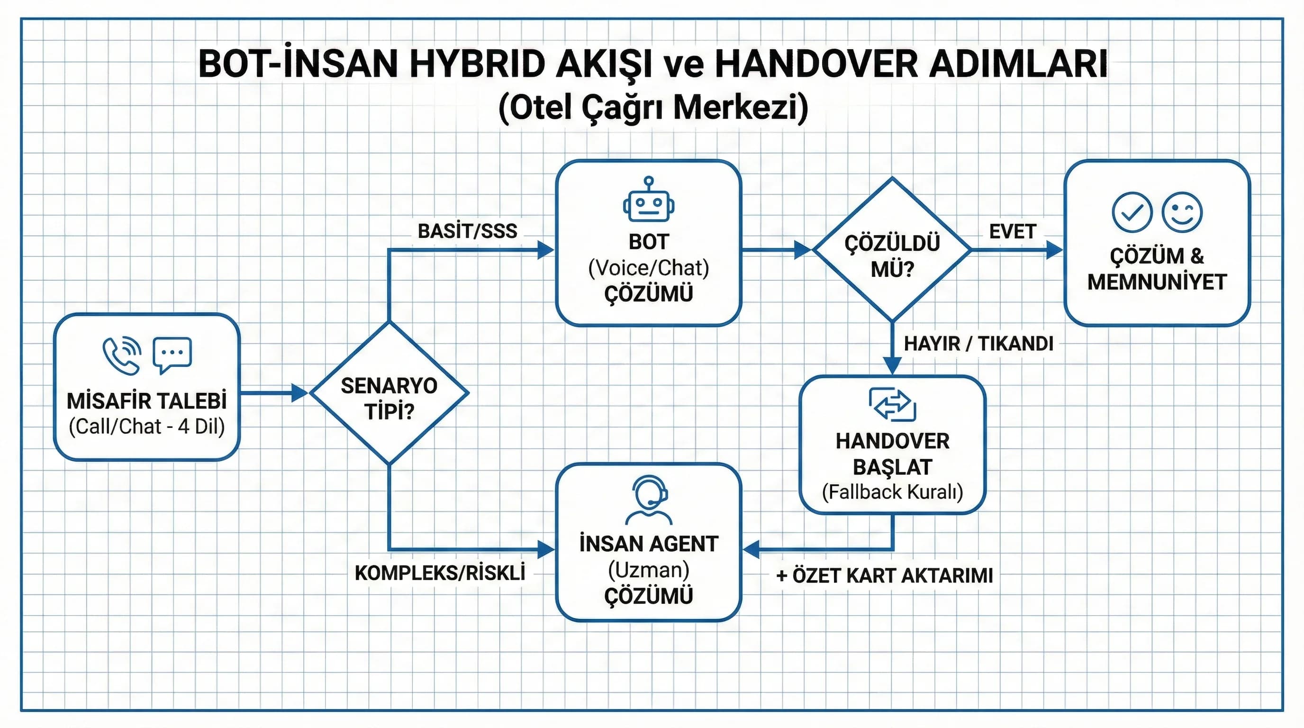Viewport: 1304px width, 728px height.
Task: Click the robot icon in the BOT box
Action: (x=649, y=200)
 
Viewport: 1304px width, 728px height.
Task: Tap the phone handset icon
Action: (x=121, y=355)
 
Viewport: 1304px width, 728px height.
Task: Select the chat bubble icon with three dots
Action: (x=172, y=355)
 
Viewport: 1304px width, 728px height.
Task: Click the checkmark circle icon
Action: (x=1132, y=213)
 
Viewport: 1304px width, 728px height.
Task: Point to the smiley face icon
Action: (x=1182, y=213)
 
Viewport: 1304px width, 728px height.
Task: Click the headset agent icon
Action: (x=649, y=500)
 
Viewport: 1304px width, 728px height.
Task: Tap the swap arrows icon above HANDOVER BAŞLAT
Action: (x=892, y=404)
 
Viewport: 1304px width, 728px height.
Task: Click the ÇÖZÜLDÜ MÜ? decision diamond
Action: (x=892, y=250)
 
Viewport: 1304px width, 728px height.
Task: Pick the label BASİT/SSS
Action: (x=467, y=231)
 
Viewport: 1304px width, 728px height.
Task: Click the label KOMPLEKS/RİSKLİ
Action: (x=439, y=573)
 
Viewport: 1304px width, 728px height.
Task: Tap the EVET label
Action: (x=1013, y=231)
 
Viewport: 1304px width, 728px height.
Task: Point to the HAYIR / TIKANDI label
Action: (x=978, y=344)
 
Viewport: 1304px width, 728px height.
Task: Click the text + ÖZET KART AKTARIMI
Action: (x=884, y=575)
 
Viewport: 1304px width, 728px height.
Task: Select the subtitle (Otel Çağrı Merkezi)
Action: (x=652, y=107)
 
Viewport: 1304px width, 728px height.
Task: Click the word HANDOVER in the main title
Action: (x=815, y=64)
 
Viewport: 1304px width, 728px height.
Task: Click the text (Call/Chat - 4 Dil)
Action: (x=147, y=426)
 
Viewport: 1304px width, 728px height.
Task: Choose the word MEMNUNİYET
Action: (x=1157, y=282)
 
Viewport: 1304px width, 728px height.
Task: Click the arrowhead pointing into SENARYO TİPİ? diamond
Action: (x=299, y=393)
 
